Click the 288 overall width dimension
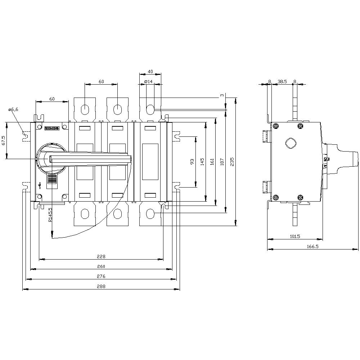pyautogui.click(x=101, y=286)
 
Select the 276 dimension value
pyautogui.click(x=101, y=276)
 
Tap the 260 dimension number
pyautogui.click(x=101, y=266)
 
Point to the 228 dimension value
pyautogui.click(x=101, y=256)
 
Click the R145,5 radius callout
pyautogui.click(x=50, y=215)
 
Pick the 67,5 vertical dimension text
pyautogui.click(x=3, y=140)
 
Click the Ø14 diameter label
pyautogui.click(x=149, y=82)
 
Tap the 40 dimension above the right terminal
pyautogui.click(x=150, y=72)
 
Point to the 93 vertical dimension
pyautogui.click(x=192, y=162)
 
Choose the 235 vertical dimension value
pyautogui.click(x=232, y=162)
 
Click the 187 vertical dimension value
pyautogui.click(x=222, y=162)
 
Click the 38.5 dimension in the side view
pyautogui.click(x=282, y=82)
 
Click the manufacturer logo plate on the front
pyautogui.click(x=51, y=128)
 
